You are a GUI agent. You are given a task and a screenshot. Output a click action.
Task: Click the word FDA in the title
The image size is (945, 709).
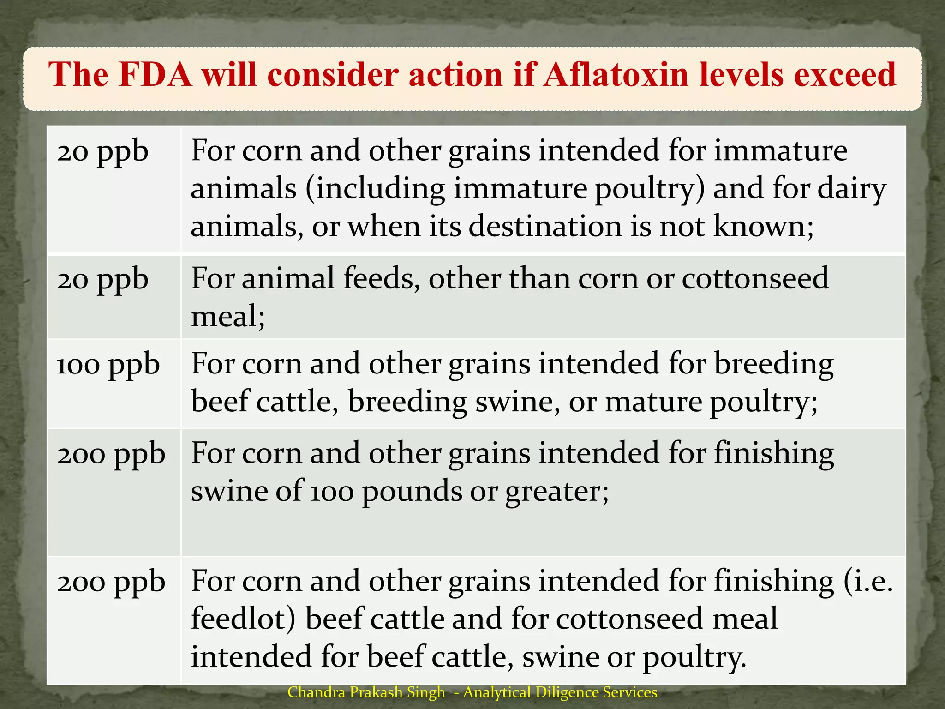tap(155, 74)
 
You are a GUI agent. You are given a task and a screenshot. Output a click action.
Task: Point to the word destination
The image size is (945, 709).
tap(544, 227)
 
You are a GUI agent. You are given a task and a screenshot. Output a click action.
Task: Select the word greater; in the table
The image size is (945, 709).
tap(557, 492)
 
